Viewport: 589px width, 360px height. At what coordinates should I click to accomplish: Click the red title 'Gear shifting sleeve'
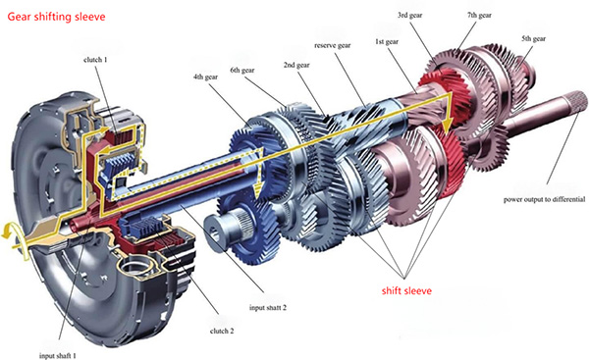tap(56, 17)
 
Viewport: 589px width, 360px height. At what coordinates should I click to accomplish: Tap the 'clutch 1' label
tap(95, 59)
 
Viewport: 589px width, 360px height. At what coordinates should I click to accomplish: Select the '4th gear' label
tap(205, 77)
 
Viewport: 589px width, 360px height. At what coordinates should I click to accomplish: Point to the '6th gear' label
tap(242, 71)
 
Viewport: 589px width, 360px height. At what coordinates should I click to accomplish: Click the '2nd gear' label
tap(296, 65)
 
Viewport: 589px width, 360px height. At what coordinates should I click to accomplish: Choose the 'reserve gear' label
tap(333, 45)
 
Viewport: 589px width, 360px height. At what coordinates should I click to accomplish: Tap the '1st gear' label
tap(387, 41)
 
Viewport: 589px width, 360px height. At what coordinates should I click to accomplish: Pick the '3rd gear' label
tap(409, 16)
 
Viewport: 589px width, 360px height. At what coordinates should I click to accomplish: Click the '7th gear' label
tap(479, 16)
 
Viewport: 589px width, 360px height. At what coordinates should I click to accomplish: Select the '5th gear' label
tap(533, 38)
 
